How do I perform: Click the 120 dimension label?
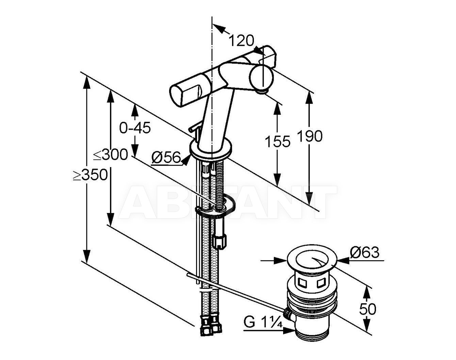point(242,40)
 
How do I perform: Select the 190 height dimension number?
point(310,136)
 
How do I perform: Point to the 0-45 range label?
point(135,128)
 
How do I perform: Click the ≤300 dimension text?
point(111,154)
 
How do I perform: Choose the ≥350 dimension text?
point(90,175)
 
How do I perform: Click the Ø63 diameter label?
point(364,252)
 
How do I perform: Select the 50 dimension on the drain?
point(368,309)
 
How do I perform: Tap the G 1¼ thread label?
point(263,322)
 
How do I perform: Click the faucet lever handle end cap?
point(176,94)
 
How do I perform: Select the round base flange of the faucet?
point(211,149)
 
